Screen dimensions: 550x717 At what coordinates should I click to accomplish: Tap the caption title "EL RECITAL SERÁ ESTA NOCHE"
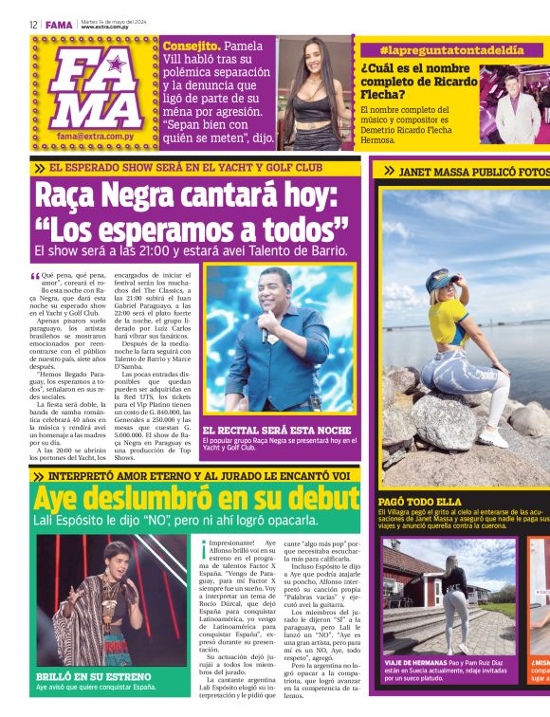click(x=270, y=430)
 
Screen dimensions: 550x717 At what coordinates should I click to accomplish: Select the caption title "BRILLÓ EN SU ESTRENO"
click(x=80, y=676)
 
